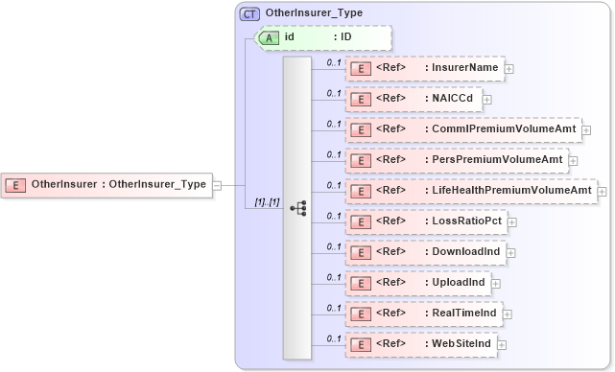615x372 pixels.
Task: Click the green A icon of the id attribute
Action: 271,37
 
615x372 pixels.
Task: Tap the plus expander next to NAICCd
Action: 487,99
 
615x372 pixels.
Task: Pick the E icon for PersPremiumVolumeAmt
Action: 360,160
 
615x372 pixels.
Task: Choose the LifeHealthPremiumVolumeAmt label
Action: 508,191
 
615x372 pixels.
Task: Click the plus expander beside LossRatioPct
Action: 511,221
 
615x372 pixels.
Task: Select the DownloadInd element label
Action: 464,252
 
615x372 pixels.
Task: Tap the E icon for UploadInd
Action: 360,283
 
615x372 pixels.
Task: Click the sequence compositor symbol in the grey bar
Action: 297,207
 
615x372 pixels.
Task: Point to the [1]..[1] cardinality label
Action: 266,203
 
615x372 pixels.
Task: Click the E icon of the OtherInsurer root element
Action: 16,184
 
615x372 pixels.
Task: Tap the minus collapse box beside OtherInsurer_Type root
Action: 216,184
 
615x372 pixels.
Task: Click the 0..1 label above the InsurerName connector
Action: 334,62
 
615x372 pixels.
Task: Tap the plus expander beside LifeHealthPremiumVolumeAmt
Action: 602,191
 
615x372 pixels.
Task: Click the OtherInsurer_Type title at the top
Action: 308,14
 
